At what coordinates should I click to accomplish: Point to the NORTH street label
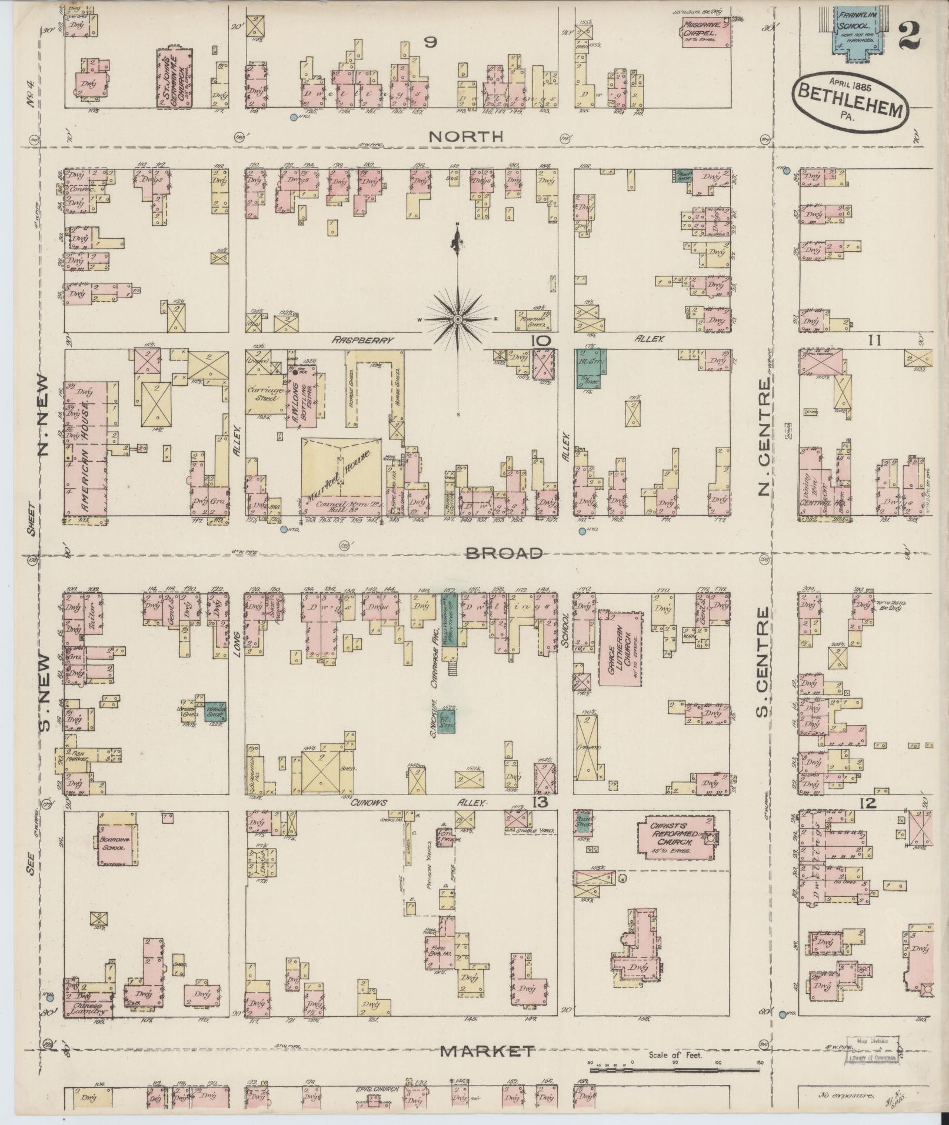(x=467, y=136)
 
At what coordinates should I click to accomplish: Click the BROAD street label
(x=504, y=553)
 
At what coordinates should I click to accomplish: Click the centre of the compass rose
(x=457, y=319)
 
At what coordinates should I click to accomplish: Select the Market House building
(x=341, y=466)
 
